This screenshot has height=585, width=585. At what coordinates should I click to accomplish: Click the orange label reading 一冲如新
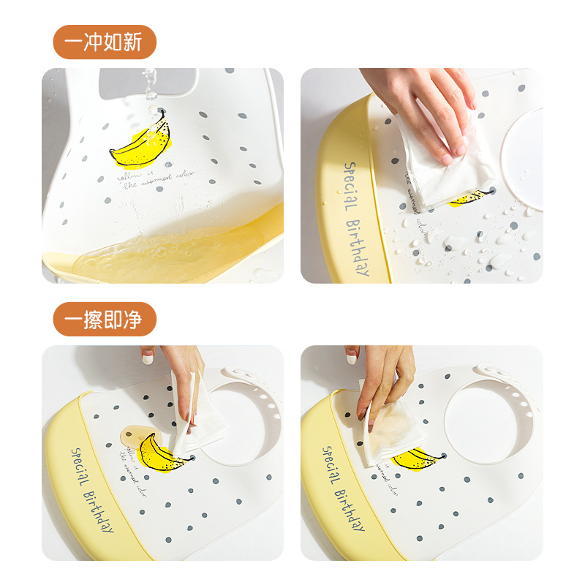click(105, 42)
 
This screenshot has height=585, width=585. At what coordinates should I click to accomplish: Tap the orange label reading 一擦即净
click(105, 319)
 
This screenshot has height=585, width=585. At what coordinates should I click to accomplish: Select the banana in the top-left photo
click(141, 144)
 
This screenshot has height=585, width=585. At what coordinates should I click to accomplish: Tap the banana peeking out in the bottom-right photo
click(417, 458)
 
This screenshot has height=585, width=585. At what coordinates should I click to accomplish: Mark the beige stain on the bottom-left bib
click(132, 437)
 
